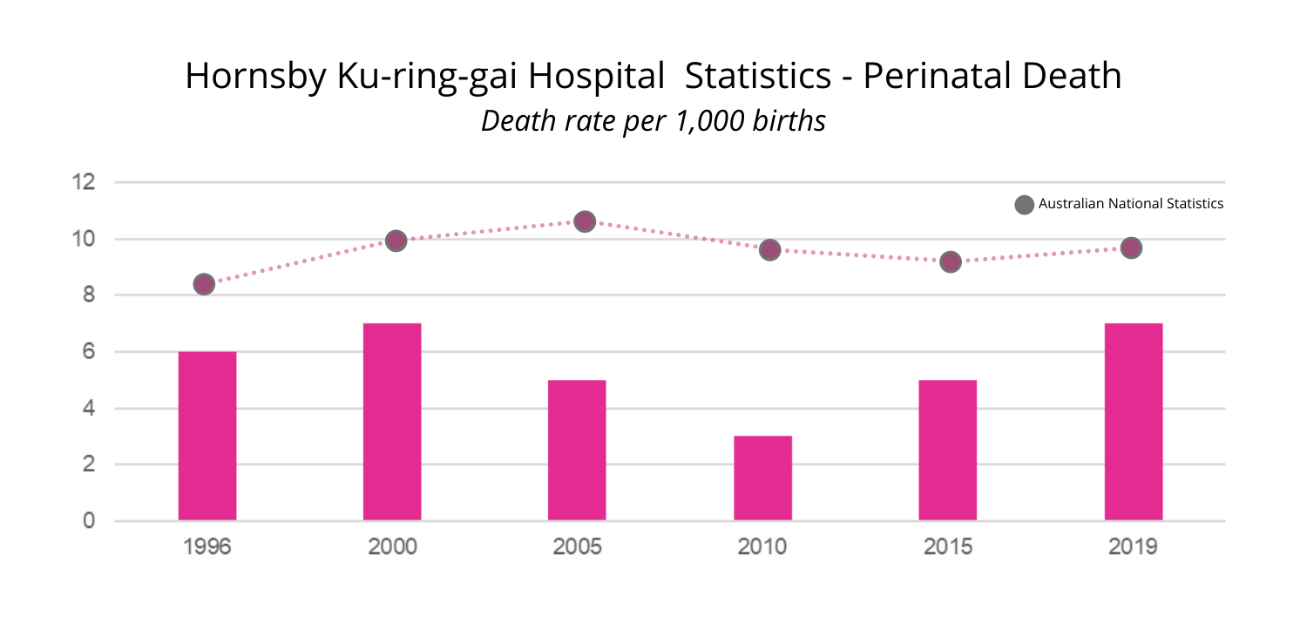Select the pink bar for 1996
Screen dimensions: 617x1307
click(x=207, y=436)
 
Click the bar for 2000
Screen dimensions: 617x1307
click(x=392, y=422)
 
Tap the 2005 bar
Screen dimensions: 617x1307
click(x=577, y=450)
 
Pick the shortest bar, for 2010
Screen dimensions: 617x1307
click(x=762, y=478)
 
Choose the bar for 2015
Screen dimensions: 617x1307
click(x=947, y=450)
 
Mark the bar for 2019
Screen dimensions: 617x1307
click(x=1133, y=422)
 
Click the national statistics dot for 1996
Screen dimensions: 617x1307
click(x=204, y=284)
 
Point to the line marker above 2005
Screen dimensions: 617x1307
click(x=585, y=221)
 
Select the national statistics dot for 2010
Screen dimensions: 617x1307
click(x=769, y=250)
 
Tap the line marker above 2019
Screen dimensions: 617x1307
click(x=1131, y=248)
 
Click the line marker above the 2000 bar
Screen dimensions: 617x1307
click(x=396, y=241)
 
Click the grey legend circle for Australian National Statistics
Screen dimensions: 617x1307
click(x=1025, y=205)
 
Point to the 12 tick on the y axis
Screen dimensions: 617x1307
click(x=84, y=183)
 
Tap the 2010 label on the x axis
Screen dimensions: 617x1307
click(x=762, y=547)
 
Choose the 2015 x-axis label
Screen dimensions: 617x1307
click(x=947, y=547)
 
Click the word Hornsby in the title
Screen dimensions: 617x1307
click(x=254, y=78)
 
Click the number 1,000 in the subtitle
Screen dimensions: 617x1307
click(x=710, y=121)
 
